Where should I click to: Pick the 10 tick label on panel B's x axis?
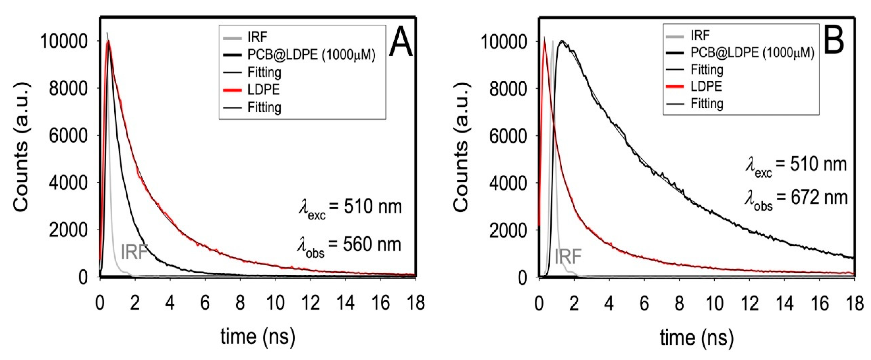click(x=714, y=303)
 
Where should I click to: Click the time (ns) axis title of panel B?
click(x=697, y=337)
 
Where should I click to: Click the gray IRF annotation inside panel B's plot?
click(x=568, y=256)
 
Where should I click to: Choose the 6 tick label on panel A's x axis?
click(x=205, y=303)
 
